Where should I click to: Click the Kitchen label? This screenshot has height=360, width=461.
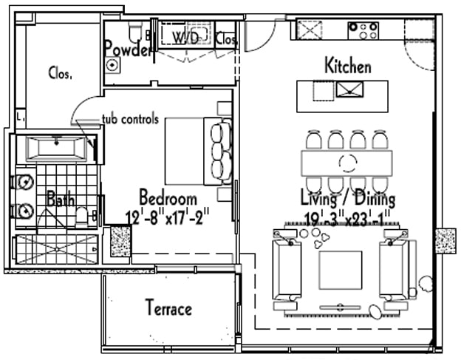pyautogui.click(x=348, y=67)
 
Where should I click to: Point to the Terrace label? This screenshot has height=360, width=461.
pyautogui.click(x=168, y=308)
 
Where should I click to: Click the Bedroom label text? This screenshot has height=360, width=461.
pyautogui.click(x=168, y=198)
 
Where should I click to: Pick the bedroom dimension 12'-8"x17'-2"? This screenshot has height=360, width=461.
pyautogui.click(x=168, y=217)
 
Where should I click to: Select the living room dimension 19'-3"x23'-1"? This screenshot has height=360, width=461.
pyautogui.click(x=347, y=217)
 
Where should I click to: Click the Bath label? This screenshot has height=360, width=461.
pyautogui.click(x=60, y=199)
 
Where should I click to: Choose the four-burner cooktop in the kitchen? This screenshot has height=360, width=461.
pyautogui.click(x=363, y=30)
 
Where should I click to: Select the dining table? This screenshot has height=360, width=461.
pyautogui.click(x=346, y=162)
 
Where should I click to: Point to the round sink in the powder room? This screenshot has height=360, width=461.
pyautogui.click(x=112, y=65)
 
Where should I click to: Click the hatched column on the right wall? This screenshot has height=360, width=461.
pyautogui.click(x=447, y=240)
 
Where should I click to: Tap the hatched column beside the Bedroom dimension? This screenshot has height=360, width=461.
pyautogui.click(x=120, y=241)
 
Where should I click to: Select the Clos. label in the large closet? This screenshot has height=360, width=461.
pyautogui.click(x=60, y=73)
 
